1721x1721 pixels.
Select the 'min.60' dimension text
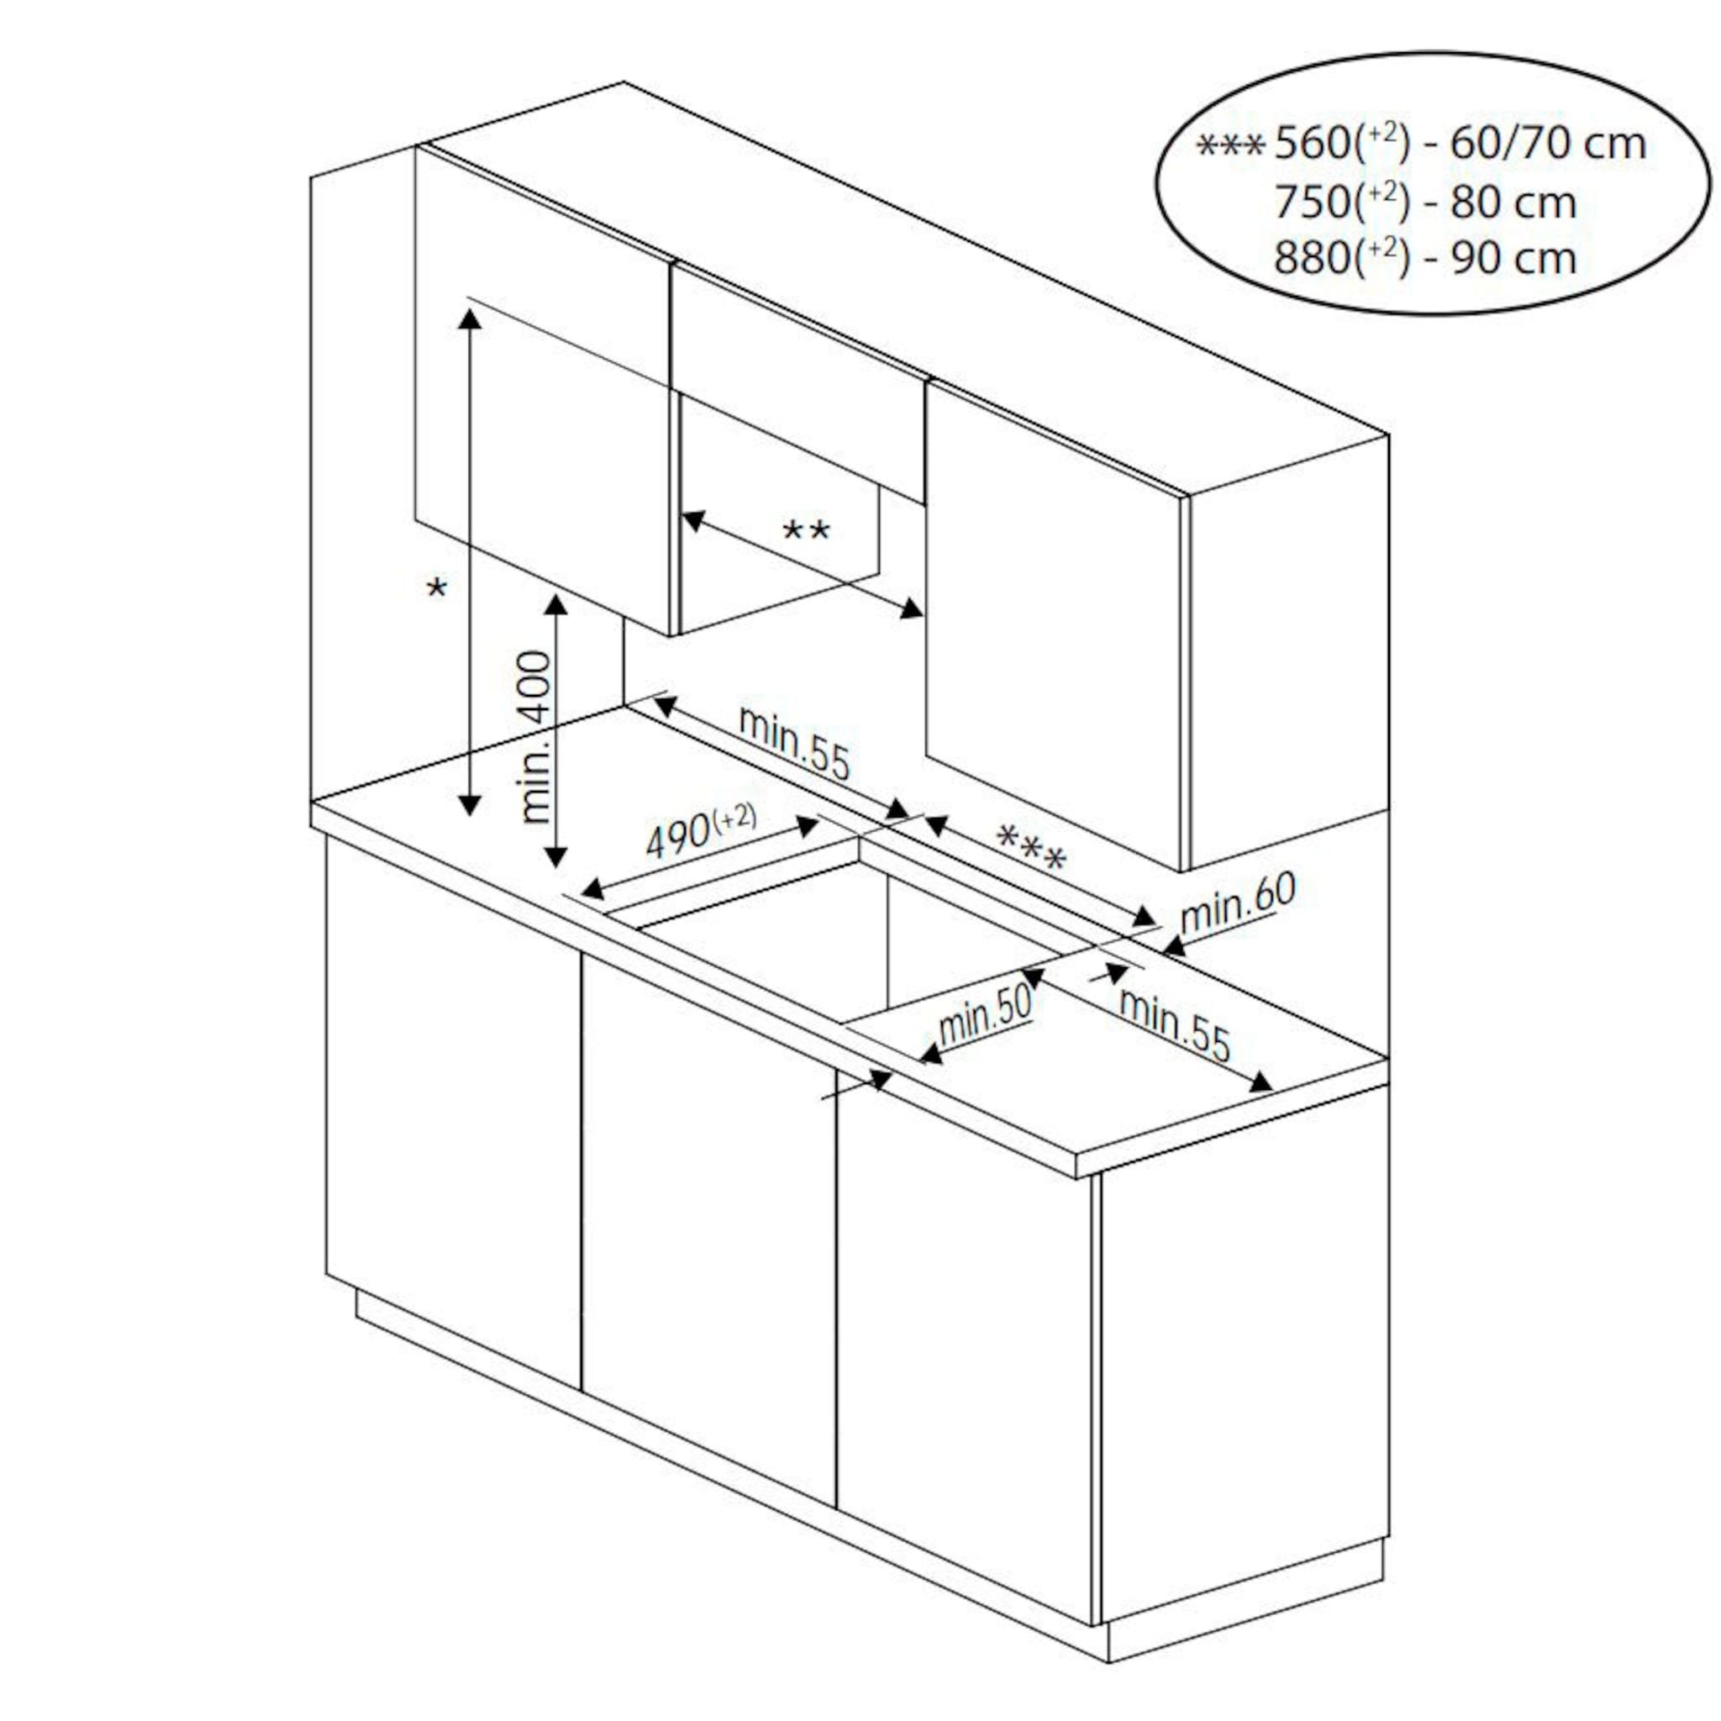1237,905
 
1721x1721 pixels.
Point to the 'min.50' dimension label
984,1015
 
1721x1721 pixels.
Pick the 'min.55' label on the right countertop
1174,1025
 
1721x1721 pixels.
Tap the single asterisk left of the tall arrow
436,588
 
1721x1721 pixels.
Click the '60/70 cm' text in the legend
1547,144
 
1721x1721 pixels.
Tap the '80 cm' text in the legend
1513,202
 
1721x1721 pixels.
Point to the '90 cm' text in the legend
1513,257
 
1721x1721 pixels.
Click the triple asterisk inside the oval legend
1230,145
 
